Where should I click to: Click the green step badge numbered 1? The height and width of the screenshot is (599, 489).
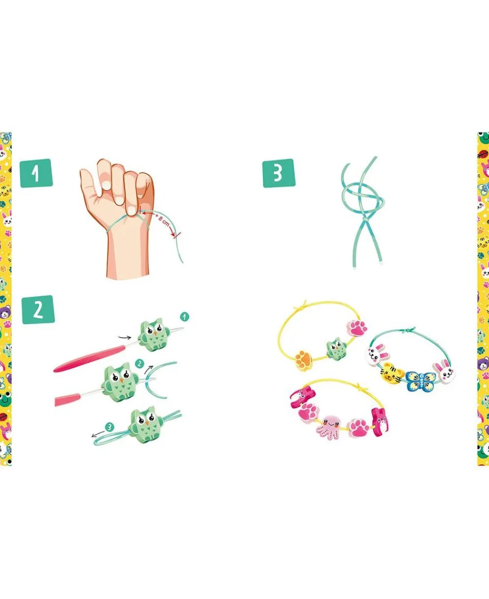pos(36,173)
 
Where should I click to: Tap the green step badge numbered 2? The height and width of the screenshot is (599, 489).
pos(38,310)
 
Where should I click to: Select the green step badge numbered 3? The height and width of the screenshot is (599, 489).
pos(279,173)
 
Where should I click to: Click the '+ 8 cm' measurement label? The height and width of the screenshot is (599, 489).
pos(162,219)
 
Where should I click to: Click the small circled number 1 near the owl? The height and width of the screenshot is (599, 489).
pos(184,317)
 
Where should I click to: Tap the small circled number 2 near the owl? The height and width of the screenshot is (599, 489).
pos(139,364)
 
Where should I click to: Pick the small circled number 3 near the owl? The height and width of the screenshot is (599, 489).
pos(110,427)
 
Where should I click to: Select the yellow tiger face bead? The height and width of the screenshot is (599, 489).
pos(392,372)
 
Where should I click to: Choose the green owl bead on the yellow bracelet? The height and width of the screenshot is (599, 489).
pos(336,349)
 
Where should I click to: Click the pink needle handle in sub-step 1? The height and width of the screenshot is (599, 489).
pos(89,358)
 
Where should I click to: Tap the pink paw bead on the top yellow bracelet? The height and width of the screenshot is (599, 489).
pos(357,328)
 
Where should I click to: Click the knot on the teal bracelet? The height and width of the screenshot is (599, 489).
pos(408,330)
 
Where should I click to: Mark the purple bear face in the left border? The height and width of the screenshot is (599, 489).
pos(5,313)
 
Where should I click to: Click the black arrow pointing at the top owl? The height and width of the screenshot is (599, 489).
pos(125,337)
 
